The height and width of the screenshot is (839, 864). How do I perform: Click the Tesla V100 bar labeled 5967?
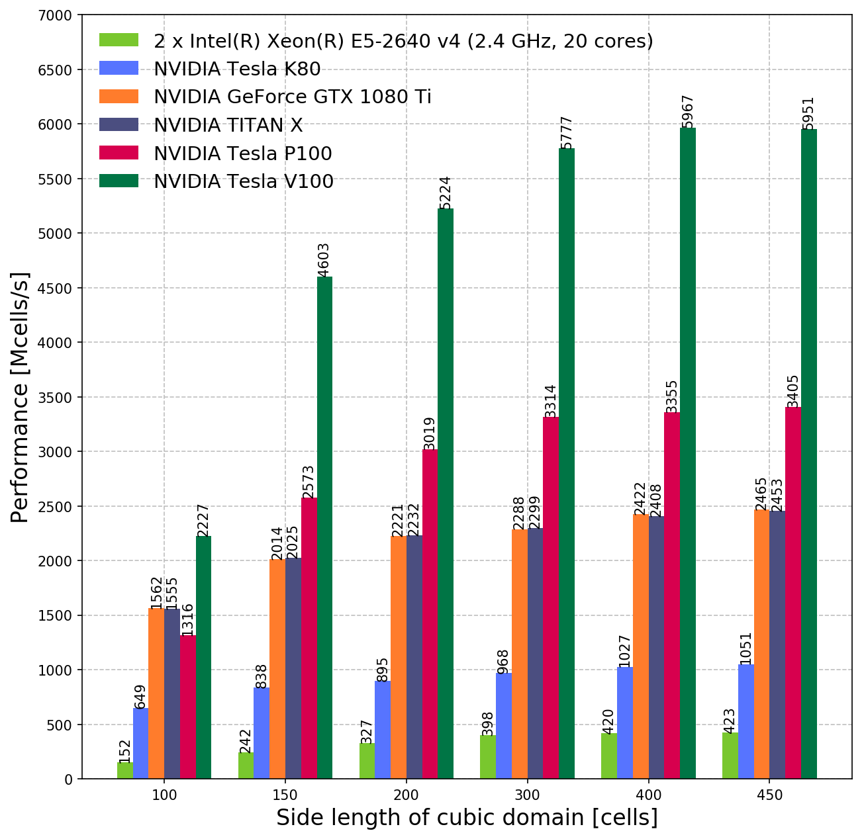688,453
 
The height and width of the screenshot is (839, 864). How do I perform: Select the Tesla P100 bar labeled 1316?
187,707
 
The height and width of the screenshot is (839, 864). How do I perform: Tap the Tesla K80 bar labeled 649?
140,743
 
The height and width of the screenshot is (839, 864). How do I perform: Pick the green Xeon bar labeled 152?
124,771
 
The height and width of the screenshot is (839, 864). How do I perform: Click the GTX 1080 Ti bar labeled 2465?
761,644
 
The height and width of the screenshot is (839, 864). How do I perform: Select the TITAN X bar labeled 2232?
414,657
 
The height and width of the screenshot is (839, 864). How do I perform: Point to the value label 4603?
324,259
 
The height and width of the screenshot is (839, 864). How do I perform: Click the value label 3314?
551,400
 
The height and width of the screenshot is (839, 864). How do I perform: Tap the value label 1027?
624,650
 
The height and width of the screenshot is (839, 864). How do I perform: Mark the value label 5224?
445,192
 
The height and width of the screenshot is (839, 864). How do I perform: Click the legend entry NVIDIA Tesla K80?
237,69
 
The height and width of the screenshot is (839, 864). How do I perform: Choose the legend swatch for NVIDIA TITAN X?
119,124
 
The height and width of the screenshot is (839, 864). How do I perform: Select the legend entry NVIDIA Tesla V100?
244,181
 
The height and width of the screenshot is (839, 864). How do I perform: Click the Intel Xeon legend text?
403,41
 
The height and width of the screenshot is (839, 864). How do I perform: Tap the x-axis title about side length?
467,818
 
